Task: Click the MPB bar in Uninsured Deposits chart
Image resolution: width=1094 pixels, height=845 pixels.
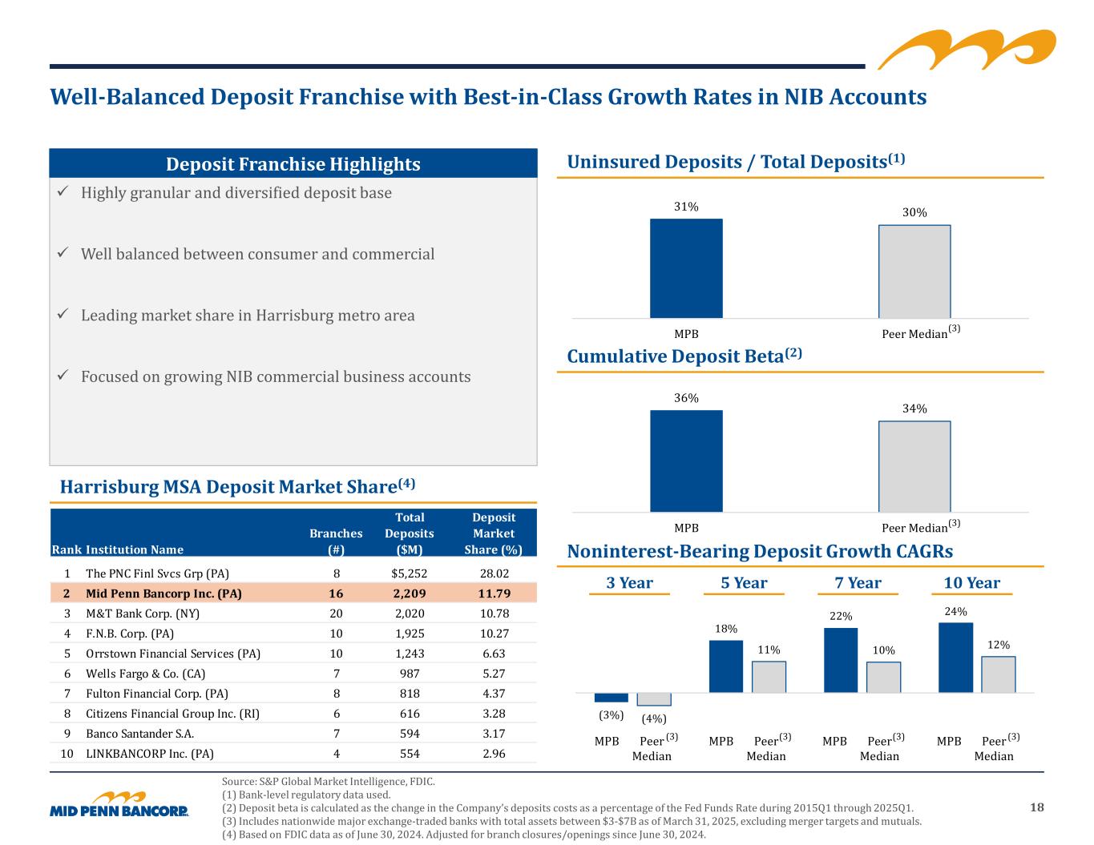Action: (x=686, y=268)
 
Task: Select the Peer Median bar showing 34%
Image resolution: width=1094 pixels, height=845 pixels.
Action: (x=914, y=466)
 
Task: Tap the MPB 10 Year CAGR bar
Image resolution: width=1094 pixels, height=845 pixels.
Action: (x=955, y=658)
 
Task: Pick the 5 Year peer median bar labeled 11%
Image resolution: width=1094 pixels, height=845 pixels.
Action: (x=769, y=677)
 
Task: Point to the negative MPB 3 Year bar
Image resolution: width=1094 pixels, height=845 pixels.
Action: (x=611, y=698)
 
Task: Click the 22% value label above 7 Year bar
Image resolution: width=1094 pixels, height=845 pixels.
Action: (x=841, y=616)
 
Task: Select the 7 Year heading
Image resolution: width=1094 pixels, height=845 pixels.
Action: (x=858, y=583)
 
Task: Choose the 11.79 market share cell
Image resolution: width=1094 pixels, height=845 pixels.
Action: (x=493, y=594)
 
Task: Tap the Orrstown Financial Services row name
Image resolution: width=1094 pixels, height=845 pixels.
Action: (x=172, y=654)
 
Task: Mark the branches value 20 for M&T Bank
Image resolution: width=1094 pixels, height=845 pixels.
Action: (x=337, y=614)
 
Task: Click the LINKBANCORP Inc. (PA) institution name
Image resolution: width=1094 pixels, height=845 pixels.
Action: (x=149, y=754)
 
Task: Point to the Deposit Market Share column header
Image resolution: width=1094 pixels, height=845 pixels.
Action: (x=493, y=533)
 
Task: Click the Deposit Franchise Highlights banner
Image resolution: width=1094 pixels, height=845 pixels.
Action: (x=293, y=164)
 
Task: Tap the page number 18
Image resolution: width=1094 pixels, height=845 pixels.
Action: (x=1036, y=807)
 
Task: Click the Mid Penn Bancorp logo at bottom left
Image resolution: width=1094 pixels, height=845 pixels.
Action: (x=119, y=805)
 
